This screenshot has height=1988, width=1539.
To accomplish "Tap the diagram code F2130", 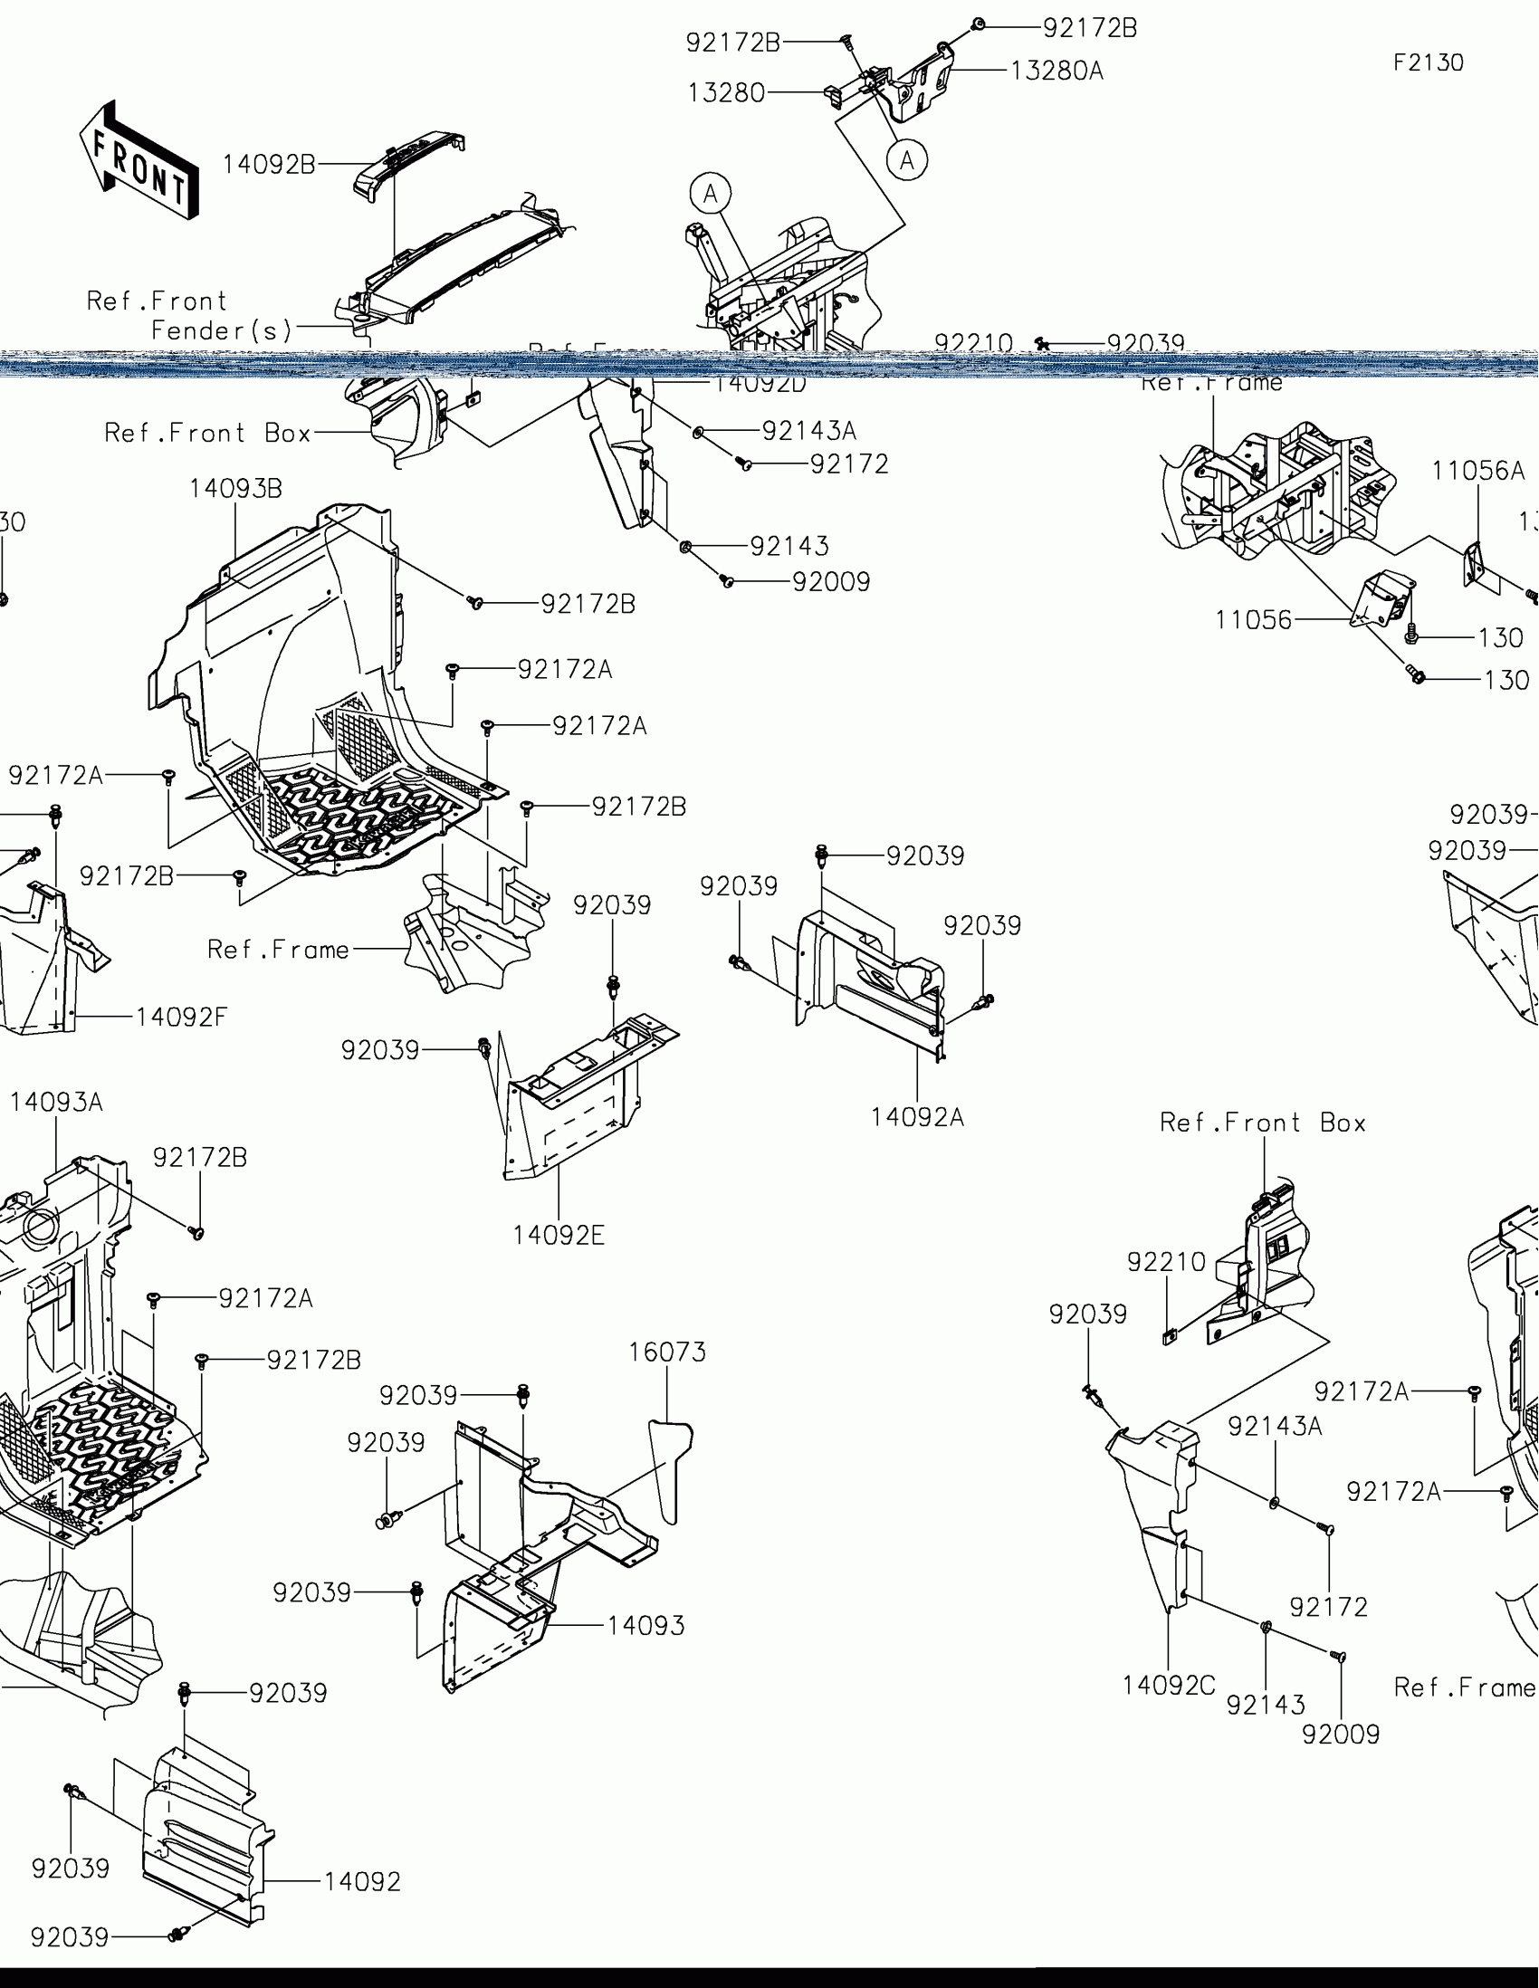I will (x=1428, y=62).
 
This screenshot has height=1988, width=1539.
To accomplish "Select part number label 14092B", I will (x=270, y=165).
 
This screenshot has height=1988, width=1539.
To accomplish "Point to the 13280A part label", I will (x=1056, y=71).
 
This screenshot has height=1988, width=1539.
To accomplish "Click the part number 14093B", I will (x=235, y=489).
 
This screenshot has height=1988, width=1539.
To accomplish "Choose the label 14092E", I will (x=558, y=1235).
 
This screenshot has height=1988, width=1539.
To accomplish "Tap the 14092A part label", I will (x=916, y=1117).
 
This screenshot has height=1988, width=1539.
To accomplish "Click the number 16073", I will (x=667, y=1352).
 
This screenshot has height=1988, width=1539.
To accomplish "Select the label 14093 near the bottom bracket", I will (x=645, y=1625).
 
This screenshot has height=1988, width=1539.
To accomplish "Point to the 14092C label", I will (x=1169, y=1685).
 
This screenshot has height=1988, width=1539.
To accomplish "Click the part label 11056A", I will (x=1477, y=471).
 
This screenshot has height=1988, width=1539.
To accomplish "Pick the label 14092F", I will (x=181, y=1017).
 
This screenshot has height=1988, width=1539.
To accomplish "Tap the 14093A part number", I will (x=56, y=1103).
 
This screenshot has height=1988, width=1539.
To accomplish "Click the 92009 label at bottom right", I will (x=1341, y=1734).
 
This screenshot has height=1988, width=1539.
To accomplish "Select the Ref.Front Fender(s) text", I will (x=189, y=315).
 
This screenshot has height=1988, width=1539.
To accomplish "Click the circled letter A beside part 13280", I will (x=906, y=160).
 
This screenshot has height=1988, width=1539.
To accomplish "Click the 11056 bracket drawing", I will (x=1381, y=600).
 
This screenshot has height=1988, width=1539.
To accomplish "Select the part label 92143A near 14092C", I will (x=1274, y=1427).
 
